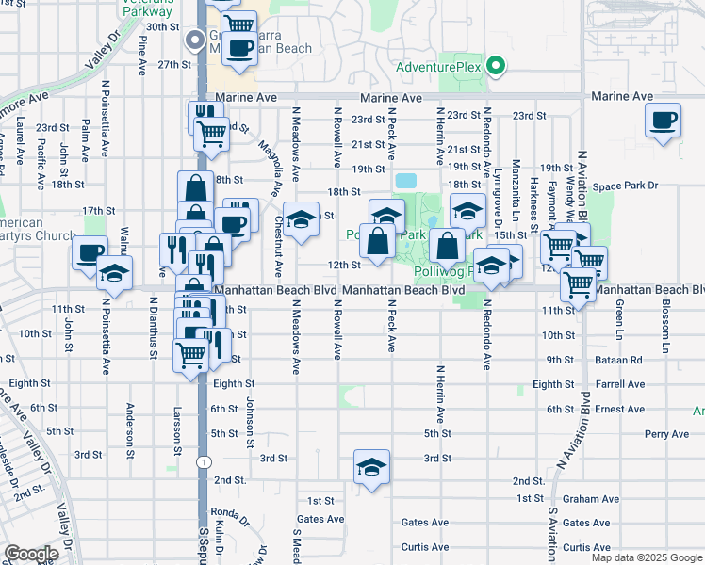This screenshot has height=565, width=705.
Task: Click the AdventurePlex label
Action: coord(438,67)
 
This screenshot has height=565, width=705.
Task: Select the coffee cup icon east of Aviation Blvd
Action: coord(664,121)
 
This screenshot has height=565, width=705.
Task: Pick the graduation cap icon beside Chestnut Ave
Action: coord(301,221)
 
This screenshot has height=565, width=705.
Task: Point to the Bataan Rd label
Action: coord(623,360)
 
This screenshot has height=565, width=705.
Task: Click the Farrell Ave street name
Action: coord(620,384)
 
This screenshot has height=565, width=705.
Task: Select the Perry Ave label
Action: coord(668,434)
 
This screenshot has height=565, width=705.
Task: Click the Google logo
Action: coord(31,554)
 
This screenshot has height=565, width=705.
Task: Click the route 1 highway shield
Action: coord(203,461)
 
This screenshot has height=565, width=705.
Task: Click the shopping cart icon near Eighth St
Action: coord(190,355)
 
